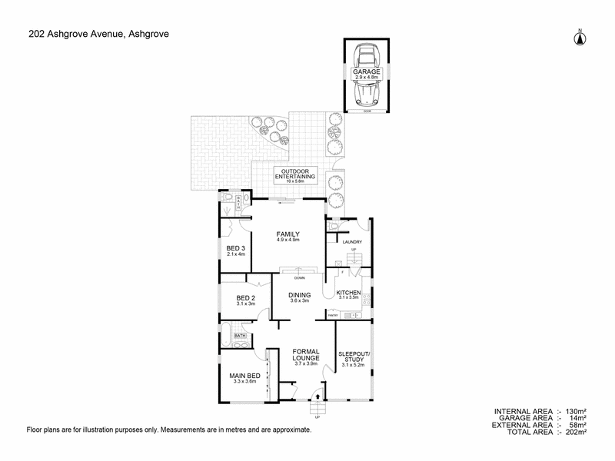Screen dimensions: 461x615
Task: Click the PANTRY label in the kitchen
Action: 333,315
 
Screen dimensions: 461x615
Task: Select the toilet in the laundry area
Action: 331,227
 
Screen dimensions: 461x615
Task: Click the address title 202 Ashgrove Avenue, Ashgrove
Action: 98,33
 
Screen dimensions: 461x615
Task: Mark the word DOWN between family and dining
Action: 299,277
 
